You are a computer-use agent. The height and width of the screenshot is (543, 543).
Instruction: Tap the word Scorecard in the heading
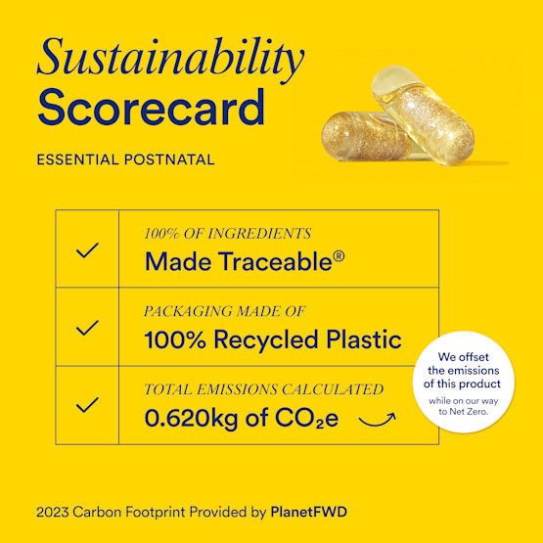[x=151, y=108]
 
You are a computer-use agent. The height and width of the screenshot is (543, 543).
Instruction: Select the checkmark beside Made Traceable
[x=87, y=250]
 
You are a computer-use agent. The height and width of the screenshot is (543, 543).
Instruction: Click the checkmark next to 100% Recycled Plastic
[x=87, y=328]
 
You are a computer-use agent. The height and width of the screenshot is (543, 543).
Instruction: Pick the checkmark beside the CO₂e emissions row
[x=87, y=404]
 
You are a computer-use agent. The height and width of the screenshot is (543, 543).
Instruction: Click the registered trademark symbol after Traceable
[x=339, y=256]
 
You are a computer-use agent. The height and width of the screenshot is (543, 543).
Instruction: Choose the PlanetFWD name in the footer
[x=309, y=512]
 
